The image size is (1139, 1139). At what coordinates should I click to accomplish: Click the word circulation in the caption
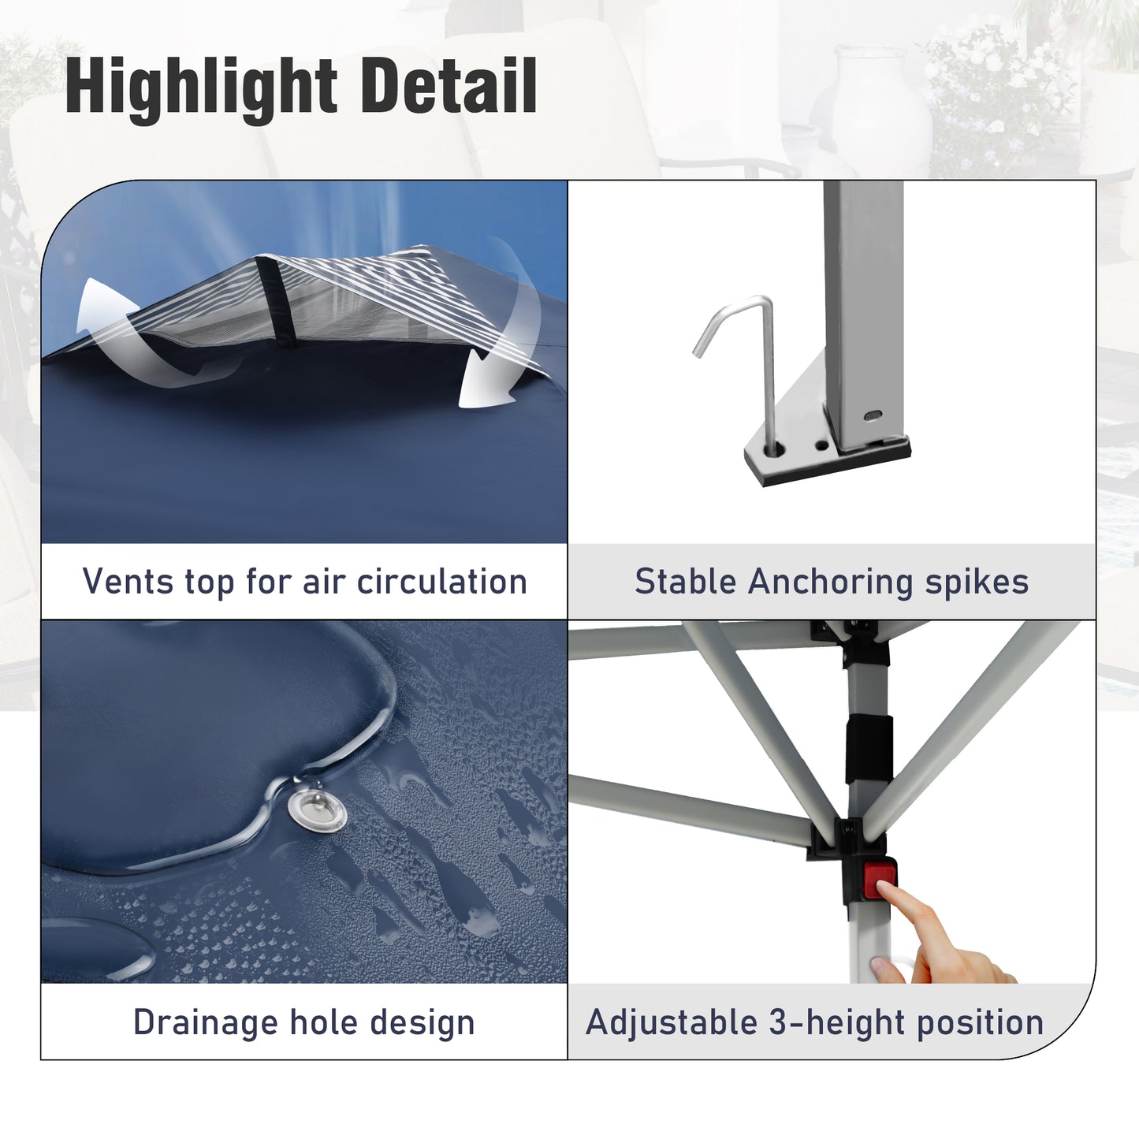(442, 581)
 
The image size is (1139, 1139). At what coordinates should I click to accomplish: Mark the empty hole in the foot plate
(821, 444)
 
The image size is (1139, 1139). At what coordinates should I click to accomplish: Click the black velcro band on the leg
(869, 750)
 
